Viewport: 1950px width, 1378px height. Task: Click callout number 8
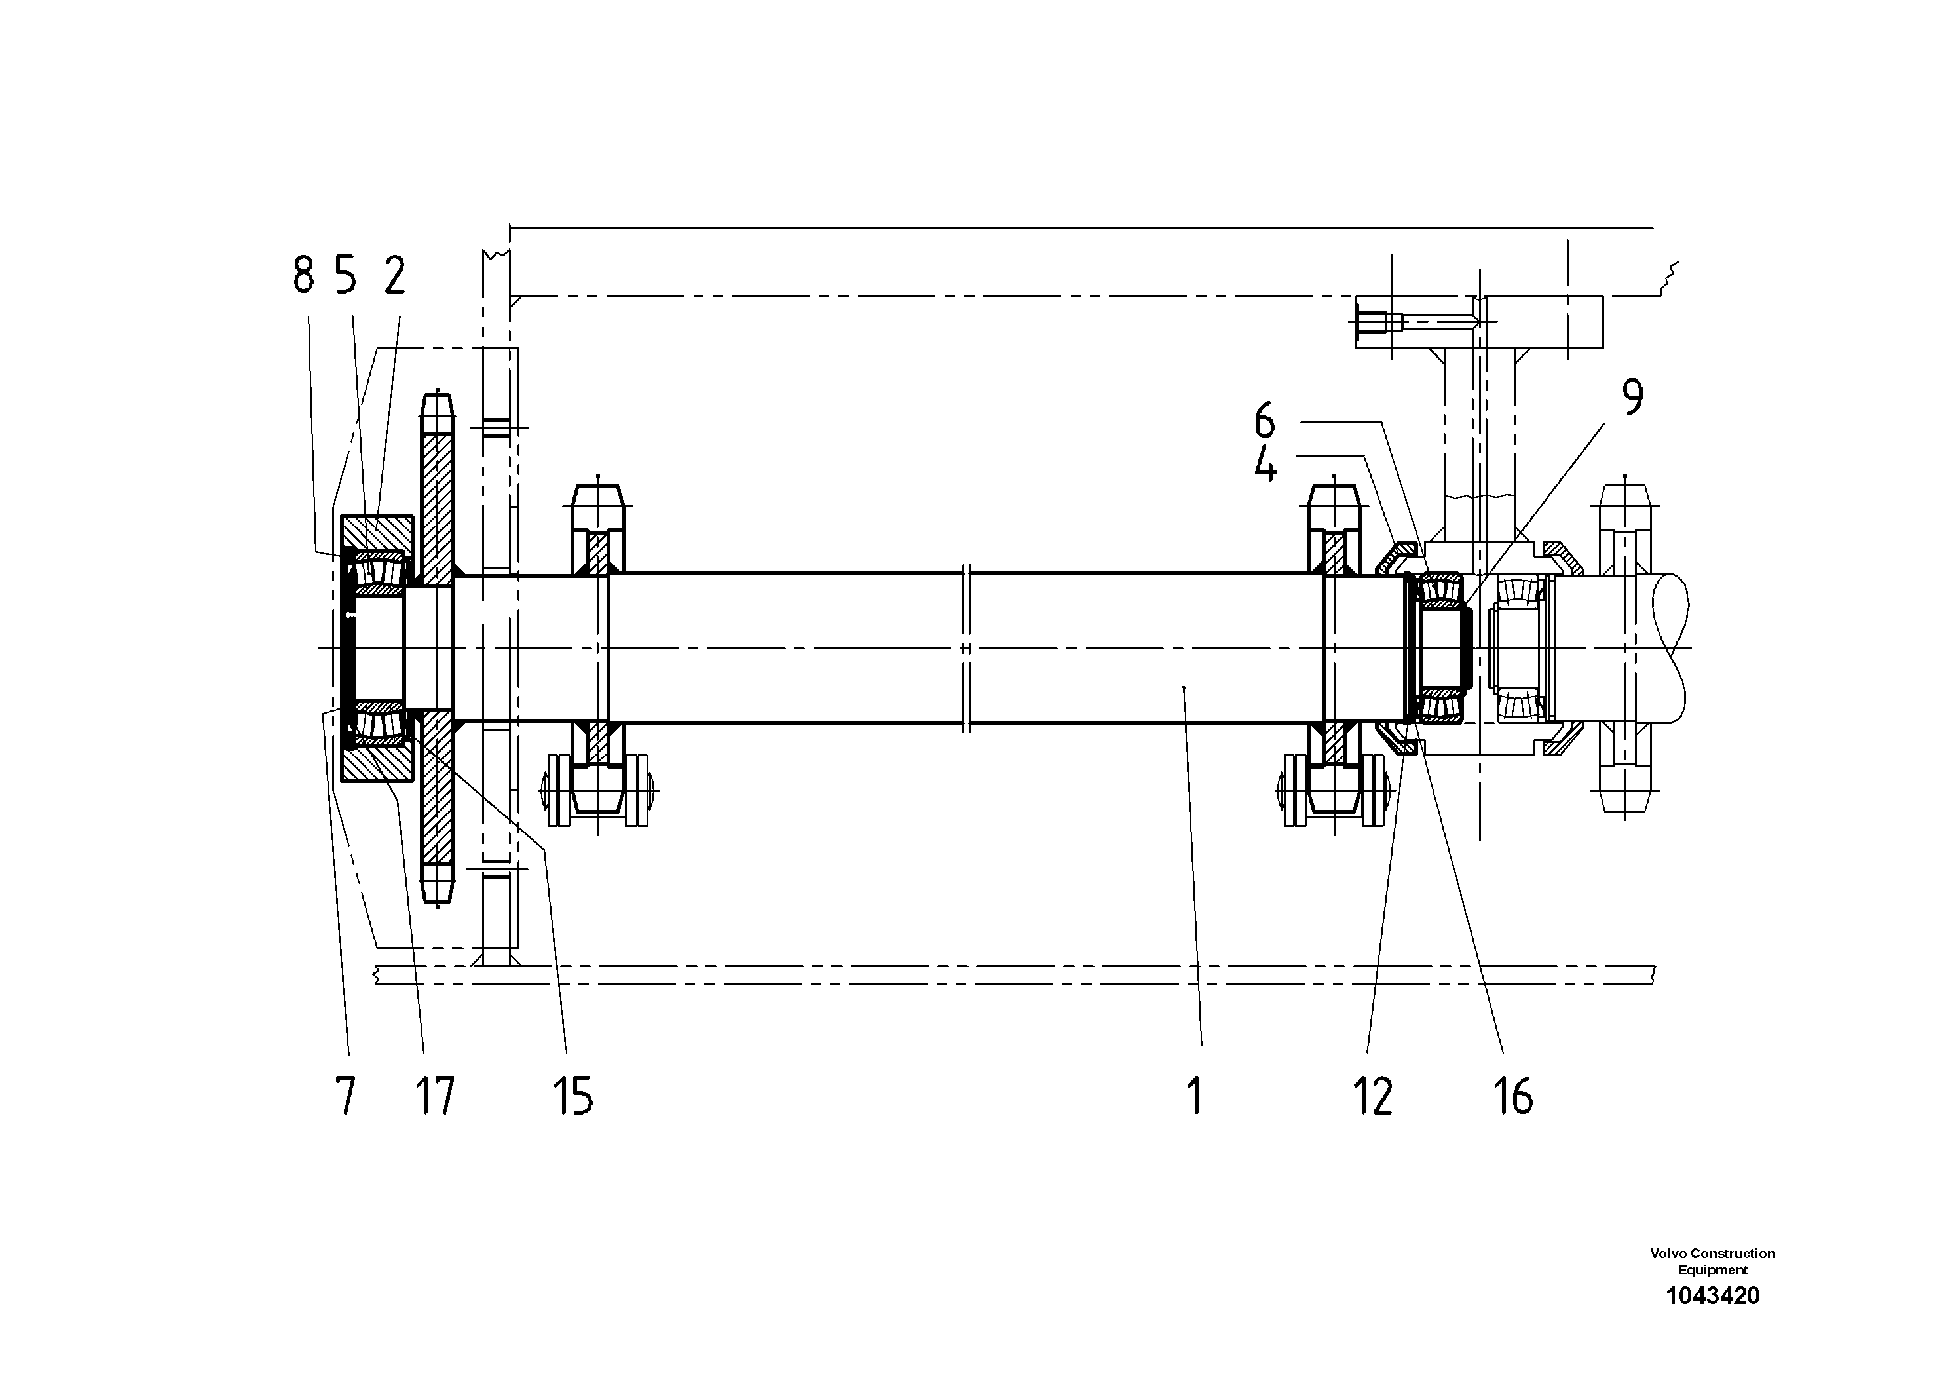(x=303, y=275)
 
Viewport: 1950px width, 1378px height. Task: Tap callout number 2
(x=395, y=275)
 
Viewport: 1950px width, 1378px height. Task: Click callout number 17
(x=435, y=1096)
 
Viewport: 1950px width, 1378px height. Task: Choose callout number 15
(x=572, y=1096)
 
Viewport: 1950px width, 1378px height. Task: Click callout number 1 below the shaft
(x=1195, y=1096)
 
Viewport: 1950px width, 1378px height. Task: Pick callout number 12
(x=1372, y=1096)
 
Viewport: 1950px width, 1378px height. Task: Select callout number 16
(x=1512, y=1096)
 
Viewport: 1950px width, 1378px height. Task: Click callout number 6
(x=1265, y=421)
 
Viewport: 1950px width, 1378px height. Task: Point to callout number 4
(x=1266, y=465)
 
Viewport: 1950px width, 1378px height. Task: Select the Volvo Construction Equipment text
(x=1712, y=1261)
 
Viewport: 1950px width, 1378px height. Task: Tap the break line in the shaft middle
(x=967, y=648)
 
